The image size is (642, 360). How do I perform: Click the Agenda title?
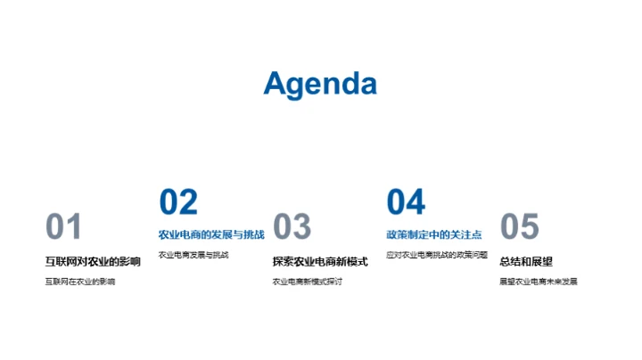pos(320,84)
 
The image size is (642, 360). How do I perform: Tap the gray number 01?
pos(63,227)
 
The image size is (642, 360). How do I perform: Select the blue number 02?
pos(178,202)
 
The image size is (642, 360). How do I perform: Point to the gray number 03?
pos(292,227)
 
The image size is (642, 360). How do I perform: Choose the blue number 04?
pos(406,202)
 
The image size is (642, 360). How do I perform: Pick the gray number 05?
pos(519,227)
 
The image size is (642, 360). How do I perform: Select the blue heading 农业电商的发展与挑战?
pos(211,234)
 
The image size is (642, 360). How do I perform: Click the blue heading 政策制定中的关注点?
pos(433,234)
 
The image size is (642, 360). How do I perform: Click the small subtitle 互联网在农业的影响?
pos(80,282)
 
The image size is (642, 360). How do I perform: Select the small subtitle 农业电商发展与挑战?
pos(193,255)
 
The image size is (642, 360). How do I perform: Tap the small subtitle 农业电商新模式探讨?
pos(308,282)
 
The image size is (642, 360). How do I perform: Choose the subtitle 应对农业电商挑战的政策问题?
pos(437,255)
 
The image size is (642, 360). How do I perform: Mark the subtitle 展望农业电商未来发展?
pos(539,282)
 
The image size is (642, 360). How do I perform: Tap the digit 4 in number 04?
pos(416,202)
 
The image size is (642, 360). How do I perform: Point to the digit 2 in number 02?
pos(188,202)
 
